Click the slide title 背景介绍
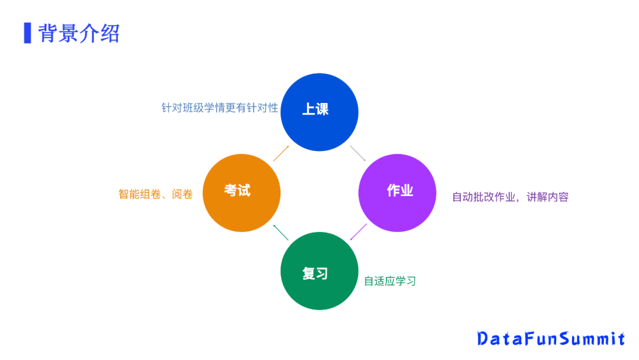[x=79, y=33]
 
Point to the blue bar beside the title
[x=27, y=33]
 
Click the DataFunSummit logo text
[x=551, y=339]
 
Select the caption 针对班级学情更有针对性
[x=220, y=108]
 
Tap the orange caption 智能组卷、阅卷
[x=156, y=194]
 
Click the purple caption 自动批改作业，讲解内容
[x=510, y=197]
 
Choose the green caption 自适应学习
[x=390, y=281]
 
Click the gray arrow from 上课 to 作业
[x=358, y=153]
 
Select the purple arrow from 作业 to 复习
[x=359, y=232]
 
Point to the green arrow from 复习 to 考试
[x=280, y=232]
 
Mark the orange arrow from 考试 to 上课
[x=282, y=153]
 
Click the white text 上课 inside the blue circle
[x=315, y=109]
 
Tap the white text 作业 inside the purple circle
[x=400, y=191]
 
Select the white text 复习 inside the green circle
[x=315, y=274]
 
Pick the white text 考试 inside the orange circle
[x=237, y=191]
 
